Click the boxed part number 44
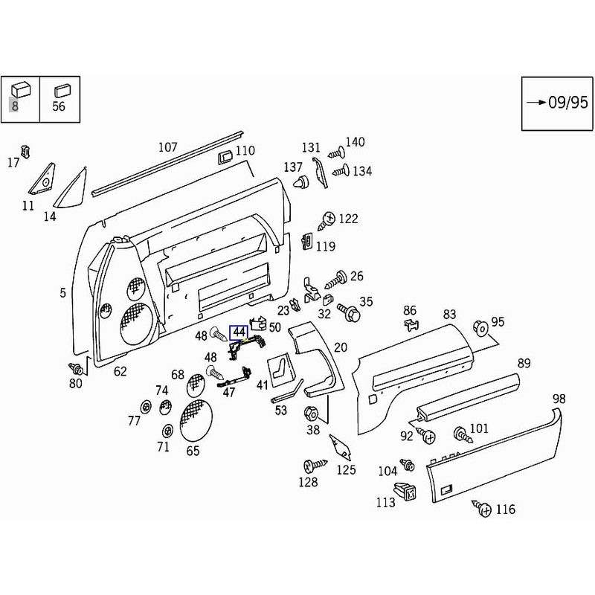[239, 332]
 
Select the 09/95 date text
[568, 103]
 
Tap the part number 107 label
[168, 147]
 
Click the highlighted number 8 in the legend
[14, 106]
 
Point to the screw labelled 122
[327, 221]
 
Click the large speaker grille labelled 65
[196, 420]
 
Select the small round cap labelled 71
[167, 431]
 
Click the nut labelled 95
[480, 328]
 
